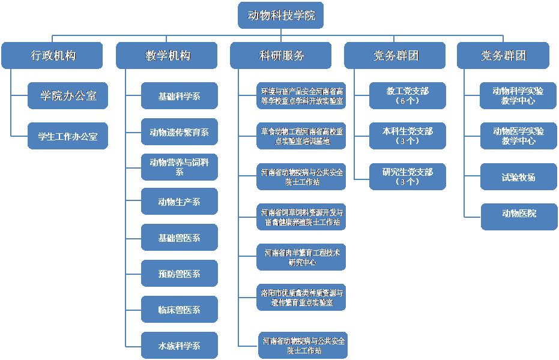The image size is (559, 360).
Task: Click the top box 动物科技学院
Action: pyautogui.click(x=281, y=15)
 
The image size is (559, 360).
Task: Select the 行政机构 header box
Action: pyautogui.click(x=53, y=56)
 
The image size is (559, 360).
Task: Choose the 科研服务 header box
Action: pyautogui.click(x=281, y=56)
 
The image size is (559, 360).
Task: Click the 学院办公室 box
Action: pyautogui.click(x=68, y=95)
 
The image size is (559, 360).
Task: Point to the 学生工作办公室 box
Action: pyautogui.click(x=68, y=136)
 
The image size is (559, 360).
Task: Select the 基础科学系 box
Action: pyautogui.click(x=180, y=96)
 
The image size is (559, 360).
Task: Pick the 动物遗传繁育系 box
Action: pyautogui.click(x=180, y=132)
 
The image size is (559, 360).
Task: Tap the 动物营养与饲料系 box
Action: pyautogui.click(x=180, y=166)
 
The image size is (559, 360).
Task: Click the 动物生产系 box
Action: pyautogui.click(x=180, y=202)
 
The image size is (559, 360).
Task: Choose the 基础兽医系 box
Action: pyautogui.click(x=180, y=238)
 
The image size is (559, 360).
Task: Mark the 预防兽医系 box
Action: pyautogui.click(x=180, y=274)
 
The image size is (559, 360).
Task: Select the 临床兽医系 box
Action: pyautogui.click(x=180, y=310)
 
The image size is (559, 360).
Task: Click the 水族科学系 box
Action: pyautogui.click(x=180, y=346)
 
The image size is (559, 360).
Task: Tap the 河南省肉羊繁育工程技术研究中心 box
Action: pyautogui.click(x=302, y=257)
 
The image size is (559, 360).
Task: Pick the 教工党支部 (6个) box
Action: pyautogui.click(x=408, y=95)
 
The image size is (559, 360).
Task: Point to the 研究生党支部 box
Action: pyautogui.click(x=408, y=176)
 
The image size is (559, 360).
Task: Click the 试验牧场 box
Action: pyautogui.click(x=519, y=177)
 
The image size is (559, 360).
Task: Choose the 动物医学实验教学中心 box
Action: pyautogui.click(x=519, y=136)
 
